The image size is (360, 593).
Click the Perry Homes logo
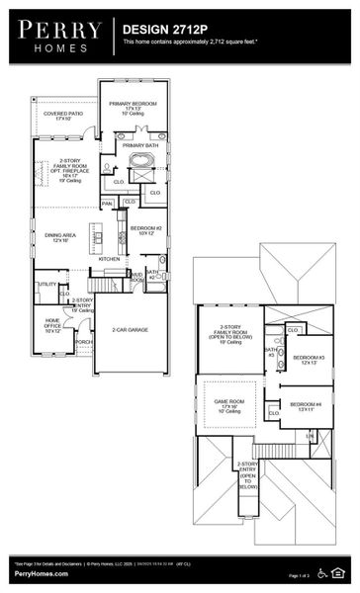pos(60,36)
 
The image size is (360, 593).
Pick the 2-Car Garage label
pos(130,329)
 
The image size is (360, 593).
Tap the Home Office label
pos(52,323)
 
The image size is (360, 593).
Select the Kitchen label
pos(110,259)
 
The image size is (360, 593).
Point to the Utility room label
pos(47,285)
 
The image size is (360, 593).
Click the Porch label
pos(83,341)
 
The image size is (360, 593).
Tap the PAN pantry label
pos(108,204)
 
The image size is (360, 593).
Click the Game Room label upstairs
pos(229,404)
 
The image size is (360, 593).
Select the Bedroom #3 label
pos(309,359)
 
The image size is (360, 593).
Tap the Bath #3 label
pos(270,352)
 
